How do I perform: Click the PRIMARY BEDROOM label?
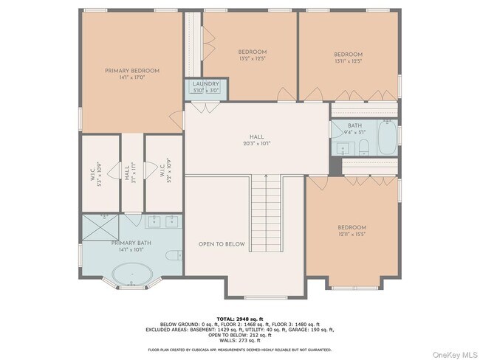[x=131, y=71]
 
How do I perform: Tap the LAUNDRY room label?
[x=206, y=84]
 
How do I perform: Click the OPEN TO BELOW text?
[x=222, y=244]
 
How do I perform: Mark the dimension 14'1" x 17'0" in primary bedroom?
[x=131, y=77]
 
